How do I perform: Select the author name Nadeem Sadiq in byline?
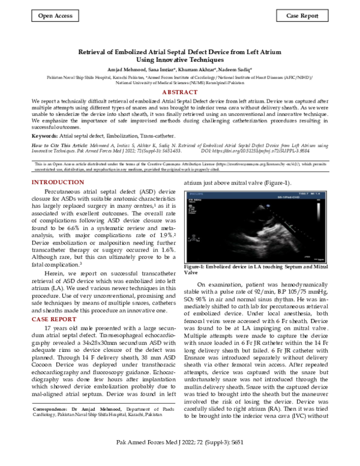point(235,70)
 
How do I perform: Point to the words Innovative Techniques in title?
point(188,60)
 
